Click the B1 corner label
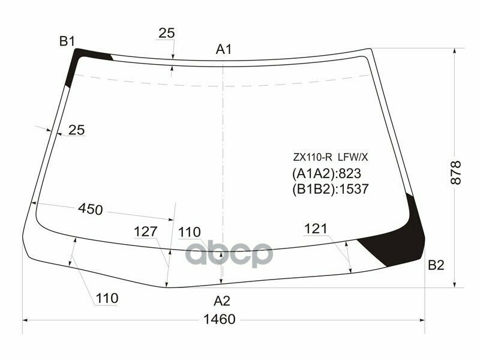point(67,41)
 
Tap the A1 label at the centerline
point(224,50)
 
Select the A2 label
point(222,301)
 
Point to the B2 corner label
point(436,265)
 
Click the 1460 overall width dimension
point(219,319)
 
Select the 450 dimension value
point(91,209)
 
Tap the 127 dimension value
point(145,232)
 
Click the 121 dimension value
point(316,229)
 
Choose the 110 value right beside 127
point(189,232)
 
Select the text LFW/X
point(353,158)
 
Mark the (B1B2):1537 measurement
point(329,190)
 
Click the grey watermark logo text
point(228,254)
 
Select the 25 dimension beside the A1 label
point(167,34)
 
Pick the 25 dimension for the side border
point(76,129)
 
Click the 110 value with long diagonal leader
point(106,298)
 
